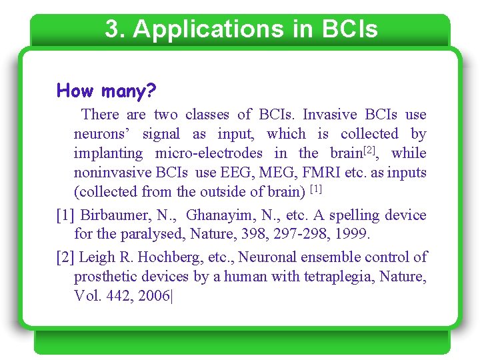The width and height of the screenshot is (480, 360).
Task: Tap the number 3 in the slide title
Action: tap(112, 29)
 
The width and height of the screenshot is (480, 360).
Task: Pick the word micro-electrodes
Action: tap(209, 153)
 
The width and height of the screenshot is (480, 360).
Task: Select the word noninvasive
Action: tap(113, 173)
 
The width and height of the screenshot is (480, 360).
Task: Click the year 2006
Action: tap(154, 295)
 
